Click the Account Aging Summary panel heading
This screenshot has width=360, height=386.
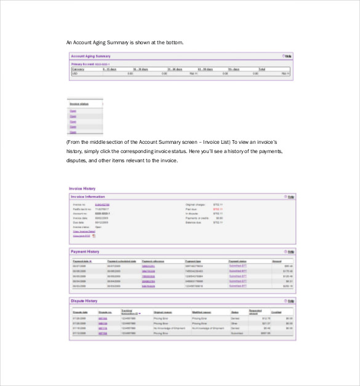[x=91, y=56]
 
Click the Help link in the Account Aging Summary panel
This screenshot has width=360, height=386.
[x=287, y=56]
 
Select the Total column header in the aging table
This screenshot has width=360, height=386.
[x=262, y=69]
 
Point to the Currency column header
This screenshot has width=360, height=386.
[x=78, y=69]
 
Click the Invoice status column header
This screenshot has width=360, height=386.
[x=79, y=104]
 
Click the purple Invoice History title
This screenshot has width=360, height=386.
[x=82, y=189]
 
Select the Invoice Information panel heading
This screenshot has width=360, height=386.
[x=88, y=197]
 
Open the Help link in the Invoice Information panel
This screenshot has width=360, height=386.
[x=290, y=197]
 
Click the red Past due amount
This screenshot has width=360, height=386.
[x=217, y=209]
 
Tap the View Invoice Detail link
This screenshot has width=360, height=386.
[x=84, y=231]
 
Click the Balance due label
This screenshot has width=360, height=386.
[x=194, y=223]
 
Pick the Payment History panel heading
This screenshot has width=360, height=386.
[x=86, y=252]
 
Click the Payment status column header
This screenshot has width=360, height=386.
[x=238, y=261]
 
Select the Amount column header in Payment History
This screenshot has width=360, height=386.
[x=277, y=261]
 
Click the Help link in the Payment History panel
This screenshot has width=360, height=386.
[x=290, y=252]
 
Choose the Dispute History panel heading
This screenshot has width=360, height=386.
[x=84, y=301]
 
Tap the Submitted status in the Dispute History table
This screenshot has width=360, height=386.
[x=236, y=332]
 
